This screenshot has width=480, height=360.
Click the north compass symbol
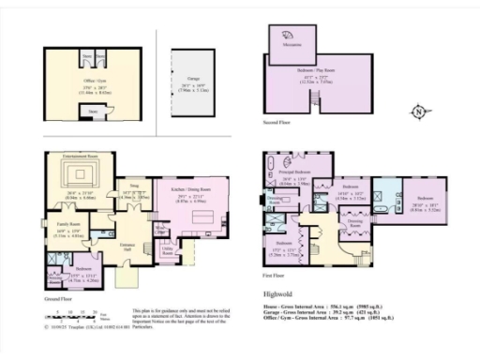pyautogui.click(x=417, y=113)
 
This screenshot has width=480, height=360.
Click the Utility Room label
pyautogui.click(x=168, y=251)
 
